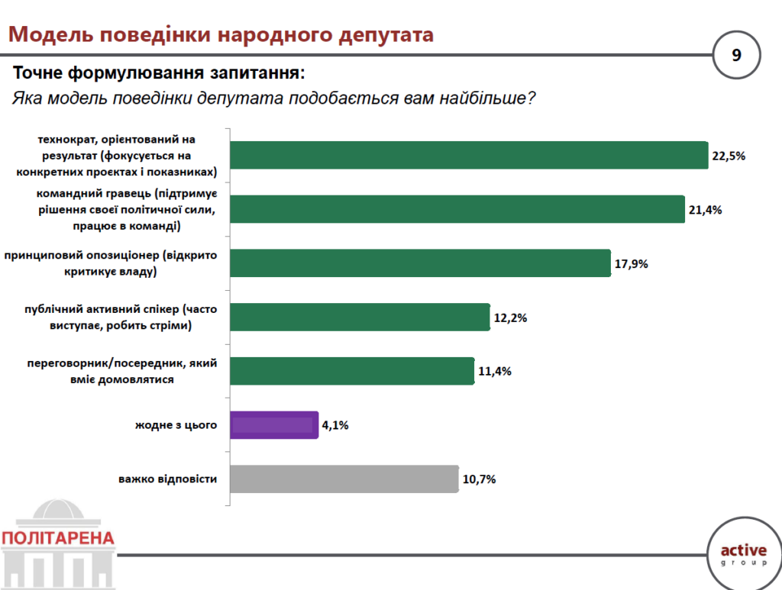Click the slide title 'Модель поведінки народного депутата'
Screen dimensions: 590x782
221,35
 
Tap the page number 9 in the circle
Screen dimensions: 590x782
736,56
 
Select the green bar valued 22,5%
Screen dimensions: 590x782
468,155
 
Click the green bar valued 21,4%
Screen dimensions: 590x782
457,209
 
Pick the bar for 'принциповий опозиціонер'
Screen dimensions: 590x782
420,263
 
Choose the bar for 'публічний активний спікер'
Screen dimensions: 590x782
359,317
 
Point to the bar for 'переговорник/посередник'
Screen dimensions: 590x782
351,371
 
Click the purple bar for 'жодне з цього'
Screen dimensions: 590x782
273,425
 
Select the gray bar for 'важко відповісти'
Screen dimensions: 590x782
344,479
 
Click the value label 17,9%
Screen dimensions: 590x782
631,264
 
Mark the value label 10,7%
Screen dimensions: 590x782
479,480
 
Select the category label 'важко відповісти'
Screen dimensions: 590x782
168,479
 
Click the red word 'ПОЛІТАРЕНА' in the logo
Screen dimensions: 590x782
59,538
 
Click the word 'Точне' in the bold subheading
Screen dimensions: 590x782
38,74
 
